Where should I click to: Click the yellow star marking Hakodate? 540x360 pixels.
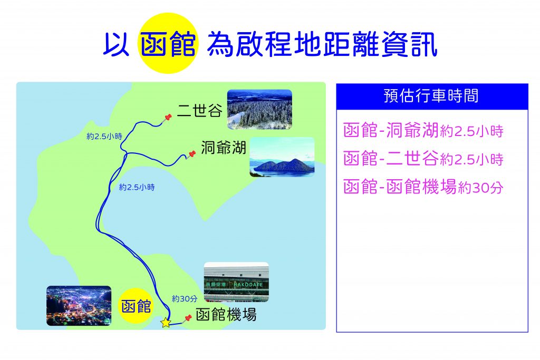point(166,323)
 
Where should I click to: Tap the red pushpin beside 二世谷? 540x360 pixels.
point(167,118)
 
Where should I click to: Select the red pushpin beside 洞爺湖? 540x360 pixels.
point(191,154)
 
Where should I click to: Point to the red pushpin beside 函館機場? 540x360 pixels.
point(187,318)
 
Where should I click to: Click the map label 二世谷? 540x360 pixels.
point(200,111)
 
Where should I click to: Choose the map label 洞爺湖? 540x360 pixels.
point(224,148)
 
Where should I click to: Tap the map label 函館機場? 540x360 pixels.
point(226,314)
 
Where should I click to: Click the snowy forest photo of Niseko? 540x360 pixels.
point(259,109)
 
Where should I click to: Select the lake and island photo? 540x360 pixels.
point(282,157)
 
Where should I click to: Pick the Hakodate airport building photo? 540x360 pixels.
point(236,282)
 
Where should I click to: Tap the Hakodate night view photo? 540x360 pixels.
point(79,305)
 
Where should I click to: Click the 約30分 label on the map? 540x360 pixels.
point(185,299)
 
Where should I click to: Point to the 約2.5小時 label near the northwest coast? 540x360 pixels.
point(104,137)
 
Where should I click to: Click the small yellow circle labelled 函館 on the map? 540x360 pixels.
point(137,306)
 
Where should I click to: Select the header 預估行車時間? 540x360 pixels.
point(431,96)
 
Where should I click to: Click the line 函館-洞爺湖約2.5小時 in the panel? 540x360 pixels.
point(423,130)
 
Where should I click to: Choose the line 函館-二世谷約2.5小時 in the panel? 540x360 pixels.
point(423,159)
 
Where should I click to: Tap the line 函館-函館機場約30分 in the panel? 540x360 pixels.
point(423,187)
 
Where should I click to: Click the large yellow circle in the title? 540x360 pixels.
point(168,43)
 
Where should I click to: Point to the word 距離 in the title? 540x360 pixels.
point(339,44)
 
